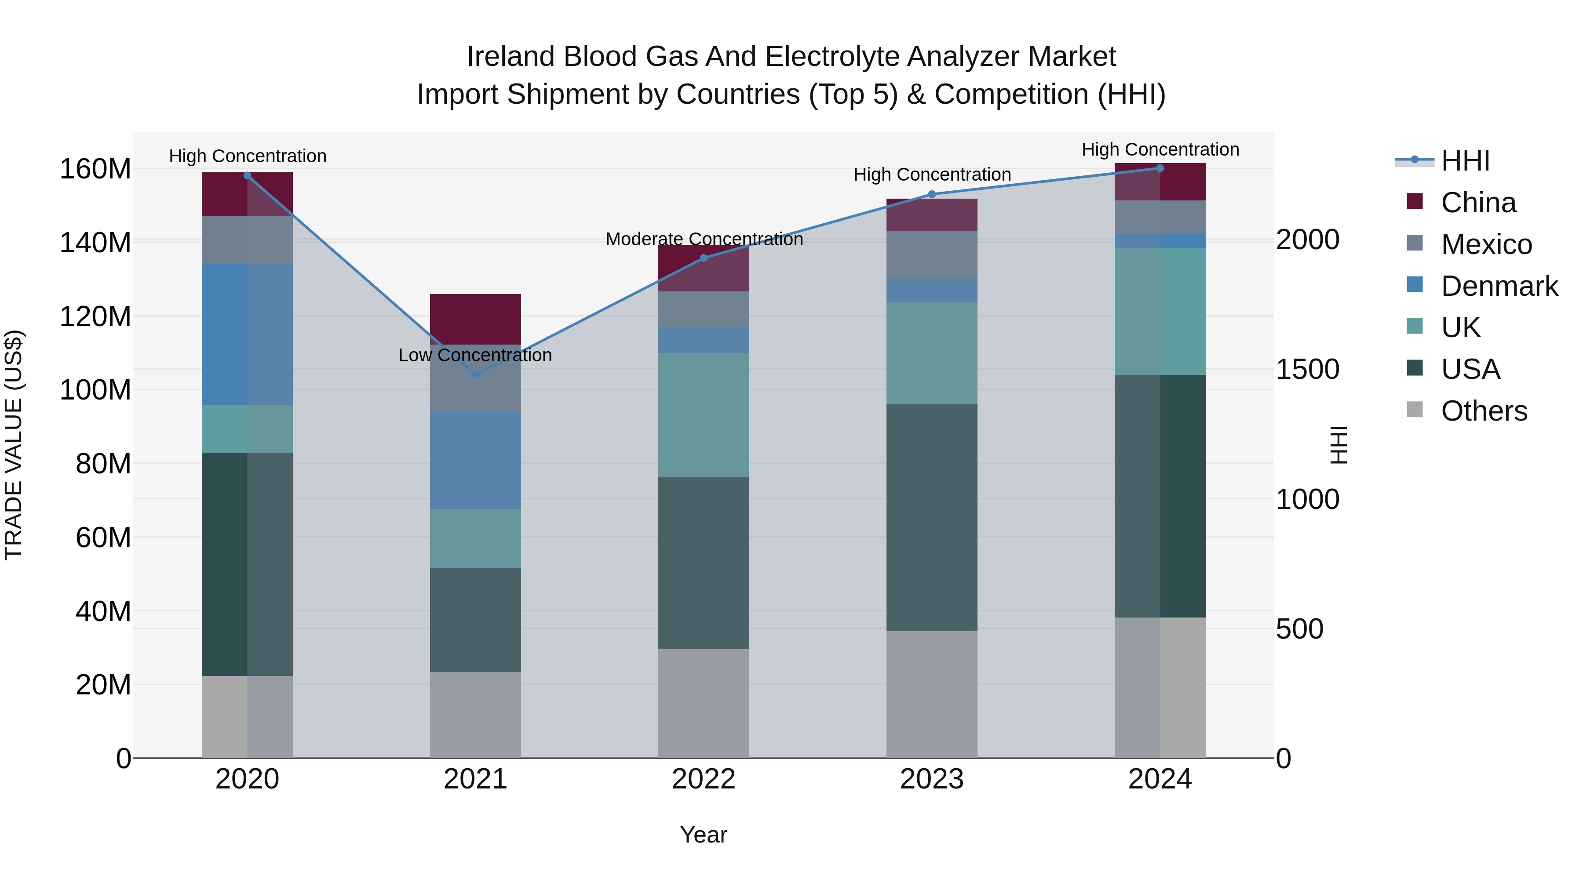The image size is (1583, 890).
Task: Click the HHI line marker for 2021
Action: (475, 374)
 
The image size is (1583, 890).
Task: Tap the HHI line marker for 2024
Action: (1160, 168)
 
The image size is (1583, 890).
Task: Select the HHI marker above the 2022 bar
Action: (704, 258)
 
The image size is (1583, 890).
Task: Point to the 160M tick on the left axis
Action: (95, 169)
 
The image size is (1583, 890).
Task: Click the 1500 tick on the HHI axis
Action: (1307, 369)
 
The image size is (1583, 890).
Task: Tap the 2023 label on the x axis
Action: (932, 779)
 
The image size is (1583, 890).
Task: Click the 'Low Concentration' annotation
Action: (475, 355)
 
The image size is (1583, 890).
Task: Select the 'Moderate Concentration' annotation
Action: (704, 239)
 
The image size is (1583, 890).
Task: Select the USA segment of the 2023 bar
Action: (932, 517)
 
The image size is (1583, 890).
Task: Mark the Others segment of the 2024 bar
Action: (1160, 687)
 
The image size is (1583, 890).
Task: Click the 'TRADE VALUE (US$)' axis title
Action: (14, 445)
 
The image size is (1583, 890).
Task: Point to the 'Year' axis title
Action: (704, 835)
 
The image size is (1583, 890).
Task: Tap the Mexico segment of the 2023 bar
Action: (932, 254)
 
